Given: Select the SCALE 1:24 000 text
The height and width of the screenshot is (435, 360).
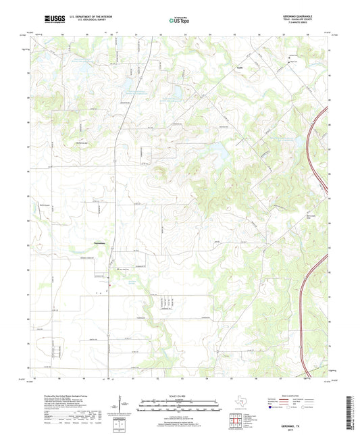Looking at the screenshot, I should pos(180,395).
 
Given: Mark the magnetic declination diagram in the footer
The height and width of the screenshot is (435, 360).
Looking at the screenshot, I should pos(126,405).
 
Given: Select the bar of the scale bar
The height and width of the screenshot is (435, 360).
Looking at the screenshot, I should pos(180,408).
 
